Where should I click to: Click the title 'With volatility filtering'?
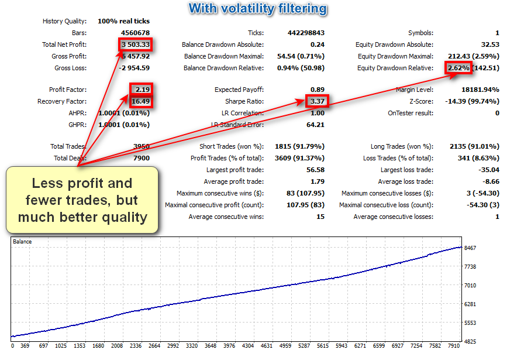coord(258,9)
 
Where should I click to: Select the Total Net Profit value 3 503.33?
coord(136,44)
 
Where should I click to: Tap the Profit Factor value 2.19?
coord(140,90)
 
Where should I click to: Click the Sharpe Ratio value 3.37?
coord(316,101)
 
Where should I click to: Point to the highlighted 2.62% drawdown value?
coord(458,68)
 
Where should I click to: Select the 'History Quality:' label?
coord(64,22)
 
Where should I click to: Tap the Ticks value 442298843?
coord(306,33)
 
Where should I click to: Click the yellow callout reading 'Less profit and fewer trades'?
coord(82,200)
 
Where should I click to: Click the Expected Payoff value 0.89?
coord(316,90)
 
